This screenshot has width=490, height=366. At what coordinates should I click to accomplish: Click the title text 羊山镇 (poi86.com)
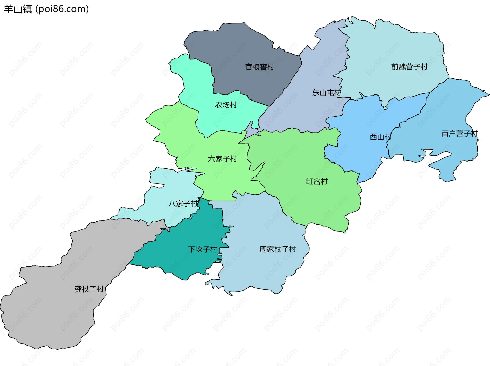coord(46,9)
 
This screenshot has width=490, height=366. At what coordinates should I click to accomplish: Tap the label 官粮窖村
coord(260,67)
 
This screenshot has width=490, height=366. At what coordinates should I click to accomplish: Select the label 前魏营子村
coord(409,67)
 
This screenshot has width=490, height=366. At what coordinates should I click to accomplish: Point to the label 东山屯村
coord(326,93)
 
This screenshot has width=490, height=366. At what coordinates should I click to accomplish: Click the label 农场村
coord(226,105)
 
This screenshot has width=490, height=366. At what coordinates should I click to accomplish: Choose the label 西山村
coord(380,137)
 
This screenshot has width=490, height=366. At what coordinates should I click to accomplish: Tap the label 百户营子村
coord(459,133)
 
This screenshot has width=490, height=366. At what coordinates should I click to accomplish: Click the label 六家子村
coord(222,159)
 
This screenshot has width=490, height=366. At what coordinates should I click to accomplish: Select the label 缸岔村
coord(317,181)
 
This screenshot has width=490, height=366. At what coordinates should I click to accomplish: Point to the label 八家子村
coord(183,203)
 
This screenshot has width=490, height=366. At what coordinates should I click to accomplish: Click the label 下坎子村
coord(203,249)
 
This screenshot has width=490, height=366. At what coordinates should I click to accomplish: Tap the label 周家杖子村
coord(278,249)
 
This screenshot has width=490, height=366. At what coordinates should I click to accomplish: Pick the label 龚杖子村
coord(89,289)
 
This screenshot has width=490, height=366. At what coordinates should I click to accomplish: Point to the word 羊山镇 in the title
coord(18,9)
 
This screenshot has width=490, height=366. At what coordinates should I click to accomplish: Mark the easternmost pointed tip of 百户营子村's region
coord(489,95)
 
